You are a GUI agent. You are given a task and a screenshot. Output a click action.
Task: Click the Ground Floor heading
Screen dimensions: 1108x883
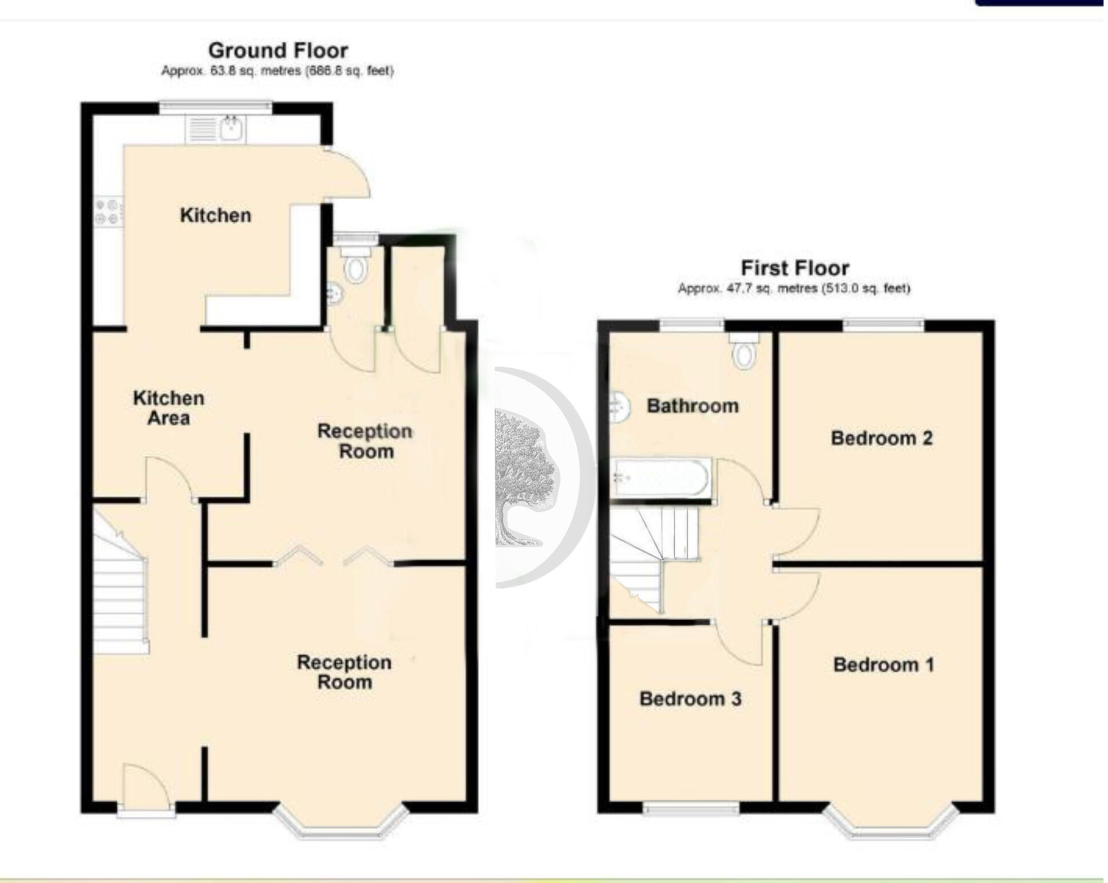tap(278, 50)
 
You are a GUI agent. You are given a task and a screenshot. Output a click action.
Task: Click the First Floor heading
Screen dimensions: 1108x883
tap(795, 267)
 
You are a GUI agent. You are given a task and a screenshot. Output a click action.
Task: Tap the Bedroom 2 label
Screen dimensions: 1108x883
tap(882, 438)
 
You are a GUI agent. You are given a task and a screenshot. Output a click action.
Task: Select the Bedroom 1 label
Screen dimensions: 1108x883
tap(884, 664)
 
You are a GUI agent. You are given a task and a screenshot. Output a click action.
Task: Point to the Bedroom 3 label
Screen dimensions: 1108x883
tap(690, 699)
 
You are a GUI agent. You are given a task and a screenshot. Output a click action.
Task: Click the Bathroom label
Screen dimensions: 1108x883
tap(692, 406)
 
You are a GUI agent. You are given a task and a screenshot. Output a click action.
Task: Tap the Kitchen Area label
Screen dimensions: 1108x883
tap(169, 408)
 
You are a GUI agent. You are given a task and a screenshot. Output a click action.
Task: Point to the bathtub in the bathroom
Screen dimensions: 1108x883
tap(662, 478)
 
